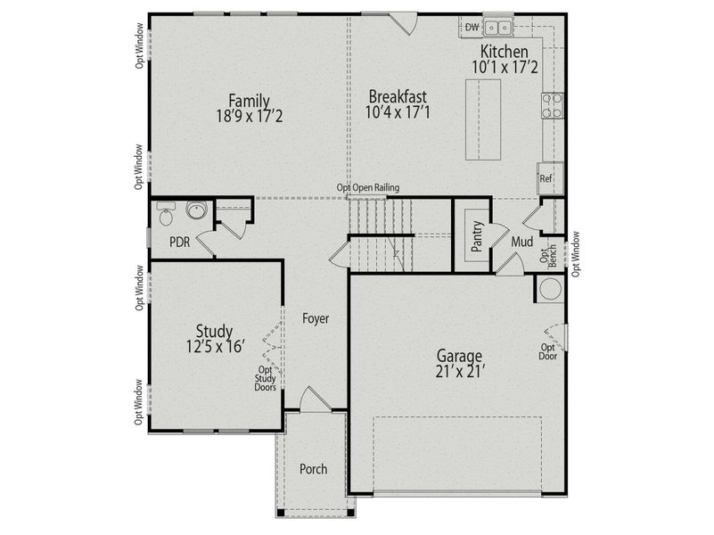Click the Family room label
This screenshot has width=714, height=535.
(249, 100)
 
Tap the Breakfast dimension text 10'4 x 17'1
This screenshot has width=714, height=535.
(398, 112)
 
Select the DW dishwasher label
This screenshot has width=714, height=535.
(472, 28)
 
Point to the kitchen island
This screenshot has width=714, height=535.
(483, 119)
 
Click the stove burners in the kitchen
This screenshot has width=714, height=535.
(552, 106)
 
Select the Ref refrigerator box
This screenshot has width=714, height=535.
(547, 179)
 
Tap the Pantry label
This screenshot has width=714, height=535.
(477, 237)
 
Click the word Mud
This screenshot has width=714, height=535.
(522, 242)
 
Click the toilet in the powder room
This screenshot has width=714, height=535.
(166, 214)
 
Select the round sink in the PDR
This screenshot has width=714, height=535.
(196, 211)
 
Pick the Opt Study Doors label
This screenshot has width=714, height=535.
(266, 378)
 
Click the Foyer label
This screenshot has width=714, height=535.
(316, 317)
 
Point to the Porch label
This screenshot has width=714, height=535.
(313, 469)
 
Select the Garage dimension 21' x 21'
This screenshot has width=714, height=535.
(460, 371)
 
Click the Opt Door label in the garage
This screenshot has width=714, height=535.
(548, 352)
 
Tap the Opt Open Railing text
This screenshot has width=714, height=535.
(367, 188)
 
